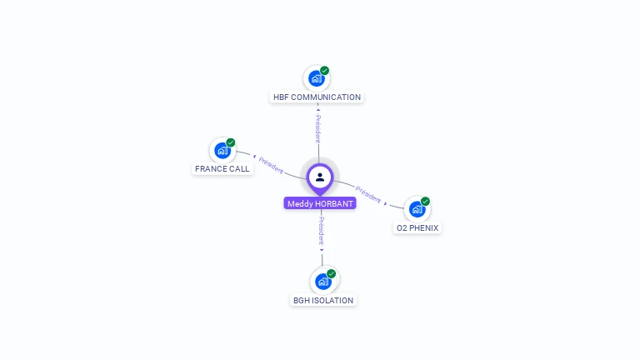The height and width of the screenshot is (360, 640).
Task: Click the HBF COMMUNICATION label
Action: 317,97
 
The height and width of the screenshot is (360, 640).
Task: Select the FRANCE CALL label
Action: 222,169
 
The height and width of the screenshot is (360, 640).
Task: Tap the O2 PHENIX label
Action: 417,228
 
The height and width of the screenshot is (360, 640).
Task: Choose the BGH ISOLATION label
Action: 323,301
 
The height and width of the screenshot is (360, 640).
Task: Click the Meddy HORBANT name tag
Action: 320,203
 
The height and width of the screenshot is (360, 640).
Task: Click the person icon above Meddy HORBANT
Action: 320,177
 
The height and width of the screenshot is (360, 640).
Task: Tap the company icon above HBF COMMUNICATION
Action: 316,78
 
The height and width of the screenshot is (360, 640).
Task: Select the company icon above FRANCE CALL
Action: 222,150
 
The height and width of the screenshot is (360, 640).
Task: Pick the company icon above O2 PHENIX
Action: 417,209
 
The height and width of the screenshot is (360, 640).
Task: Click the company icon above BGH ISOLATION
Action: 322,282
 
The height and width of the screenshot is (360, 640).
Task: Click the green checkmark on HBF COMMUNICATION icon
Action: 325,71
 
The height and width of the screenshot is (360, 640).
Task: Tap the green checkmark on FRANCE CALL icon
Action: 231,142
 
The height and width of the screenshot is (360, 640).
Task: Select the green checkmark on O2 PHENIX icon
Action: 426,202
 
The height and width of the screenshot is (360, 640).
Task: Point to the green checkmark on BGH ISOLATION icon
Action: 332,274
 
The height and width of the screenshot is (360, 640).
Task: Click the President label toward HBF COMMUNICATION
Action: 317,128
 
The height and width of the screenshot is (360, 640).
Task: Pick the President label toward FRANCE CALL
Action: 272,164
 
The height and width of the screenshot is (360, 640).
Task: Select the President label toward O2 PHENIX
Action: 368,195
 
